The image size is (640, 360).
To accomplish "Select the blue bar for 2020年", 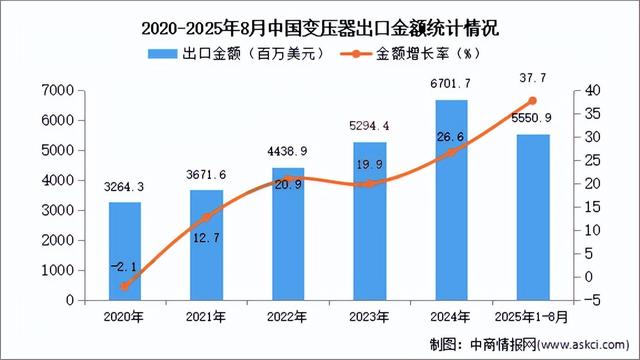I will pos(125,251).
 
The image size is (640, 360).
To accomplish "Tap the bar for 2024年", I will pos(451,200).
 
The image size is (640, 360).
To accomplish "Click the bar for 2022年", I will pos(288,234).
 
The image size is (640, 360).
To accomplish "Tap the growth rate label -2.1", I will pos(123,266).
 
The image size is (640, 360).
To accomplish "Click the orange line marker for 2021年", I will pos(206,217).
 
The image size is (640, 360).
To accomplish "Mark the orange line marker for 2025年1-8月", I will pos(533,101).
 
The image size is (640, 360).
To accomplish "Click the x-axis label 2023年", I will pos(369,317).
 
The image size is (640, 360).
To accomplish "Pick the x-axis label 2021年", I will pos(206,317).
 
